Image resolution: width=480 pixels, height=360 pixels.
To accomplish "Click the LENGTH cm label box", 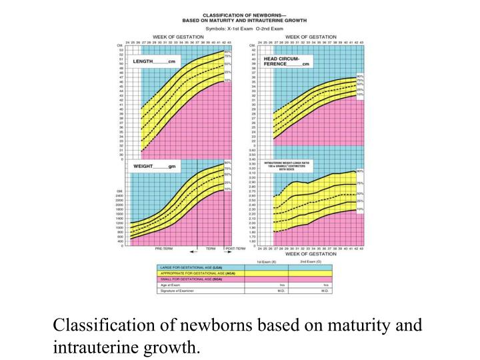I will pos(154,61).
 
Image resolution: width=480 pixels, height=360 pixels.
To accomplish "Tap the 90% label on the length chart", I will pos(228,51).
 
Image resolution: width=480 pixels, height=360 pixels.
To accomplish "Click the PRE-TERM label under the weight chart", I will pos(164,247).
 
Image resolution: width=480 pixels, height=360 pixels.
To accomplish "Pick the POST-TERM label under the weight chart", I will pos(235,247).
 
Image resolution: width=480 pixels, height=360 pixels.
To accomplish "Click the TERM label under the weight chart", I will pos(211,247).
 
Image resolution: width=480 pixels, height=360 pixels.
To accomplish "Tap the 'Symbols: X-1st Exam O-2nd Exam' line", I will pos(245,28).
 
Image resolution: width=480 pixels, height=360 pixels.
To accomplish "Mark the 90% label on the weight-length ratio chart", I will pos(361,171).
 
